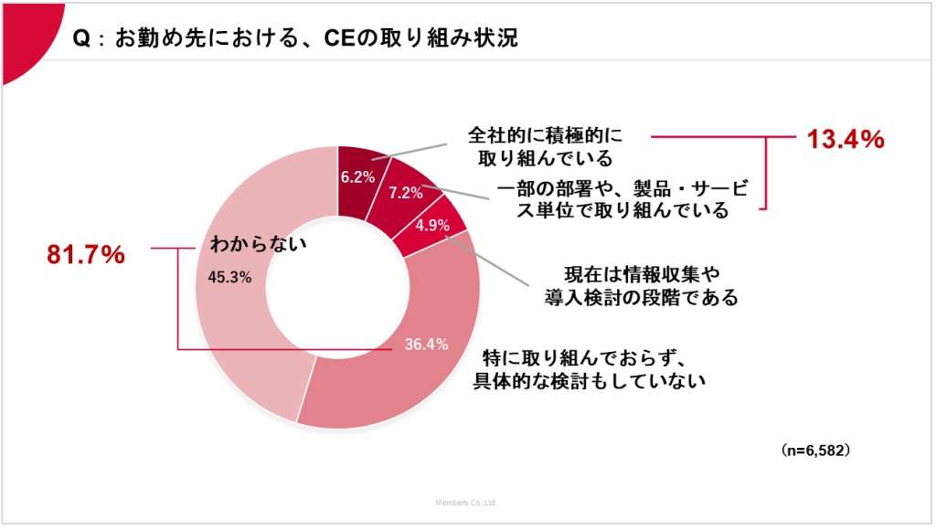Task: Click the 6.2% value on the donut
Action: (353, 177)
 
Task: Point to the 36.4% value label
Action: (426, 345)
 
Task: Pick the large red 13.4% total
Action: (845, 139)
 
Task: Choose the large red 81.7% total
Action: (85, 256)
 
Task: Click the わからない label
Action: (258, 243)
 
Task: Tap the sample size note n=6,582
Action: (816, 451)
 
